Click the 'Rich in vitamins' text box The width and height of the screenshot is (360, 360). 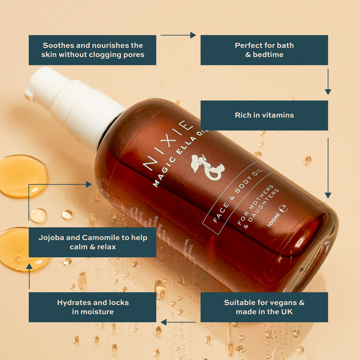[x=264, y=115]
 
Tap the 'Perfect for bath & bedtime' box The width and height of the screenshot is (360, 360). [x=264, y=50]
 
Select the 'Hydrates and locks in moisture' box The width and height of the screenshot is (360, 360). [x=92, y=307]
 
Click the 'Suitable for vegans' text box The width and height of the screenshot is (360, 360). [x=264, y=307]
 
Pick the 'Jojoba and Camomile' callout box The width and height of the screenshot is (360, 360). [x=92, y=242]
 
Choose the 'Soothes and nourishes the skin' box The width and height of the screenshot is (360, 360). [x=92, y=50]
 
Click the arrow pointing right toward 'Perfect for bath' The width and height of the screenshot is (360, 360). [x=178, y=35]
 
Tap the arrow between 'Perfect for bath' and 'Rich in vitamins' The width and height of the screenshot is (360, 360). [x=328, y=82]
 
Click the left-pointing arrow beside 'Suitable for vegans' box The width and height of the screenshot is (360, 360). [x=178, y=322]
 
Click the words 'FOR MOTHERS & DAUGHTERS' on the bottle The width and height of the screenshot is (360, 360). [x=257, y=207]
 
